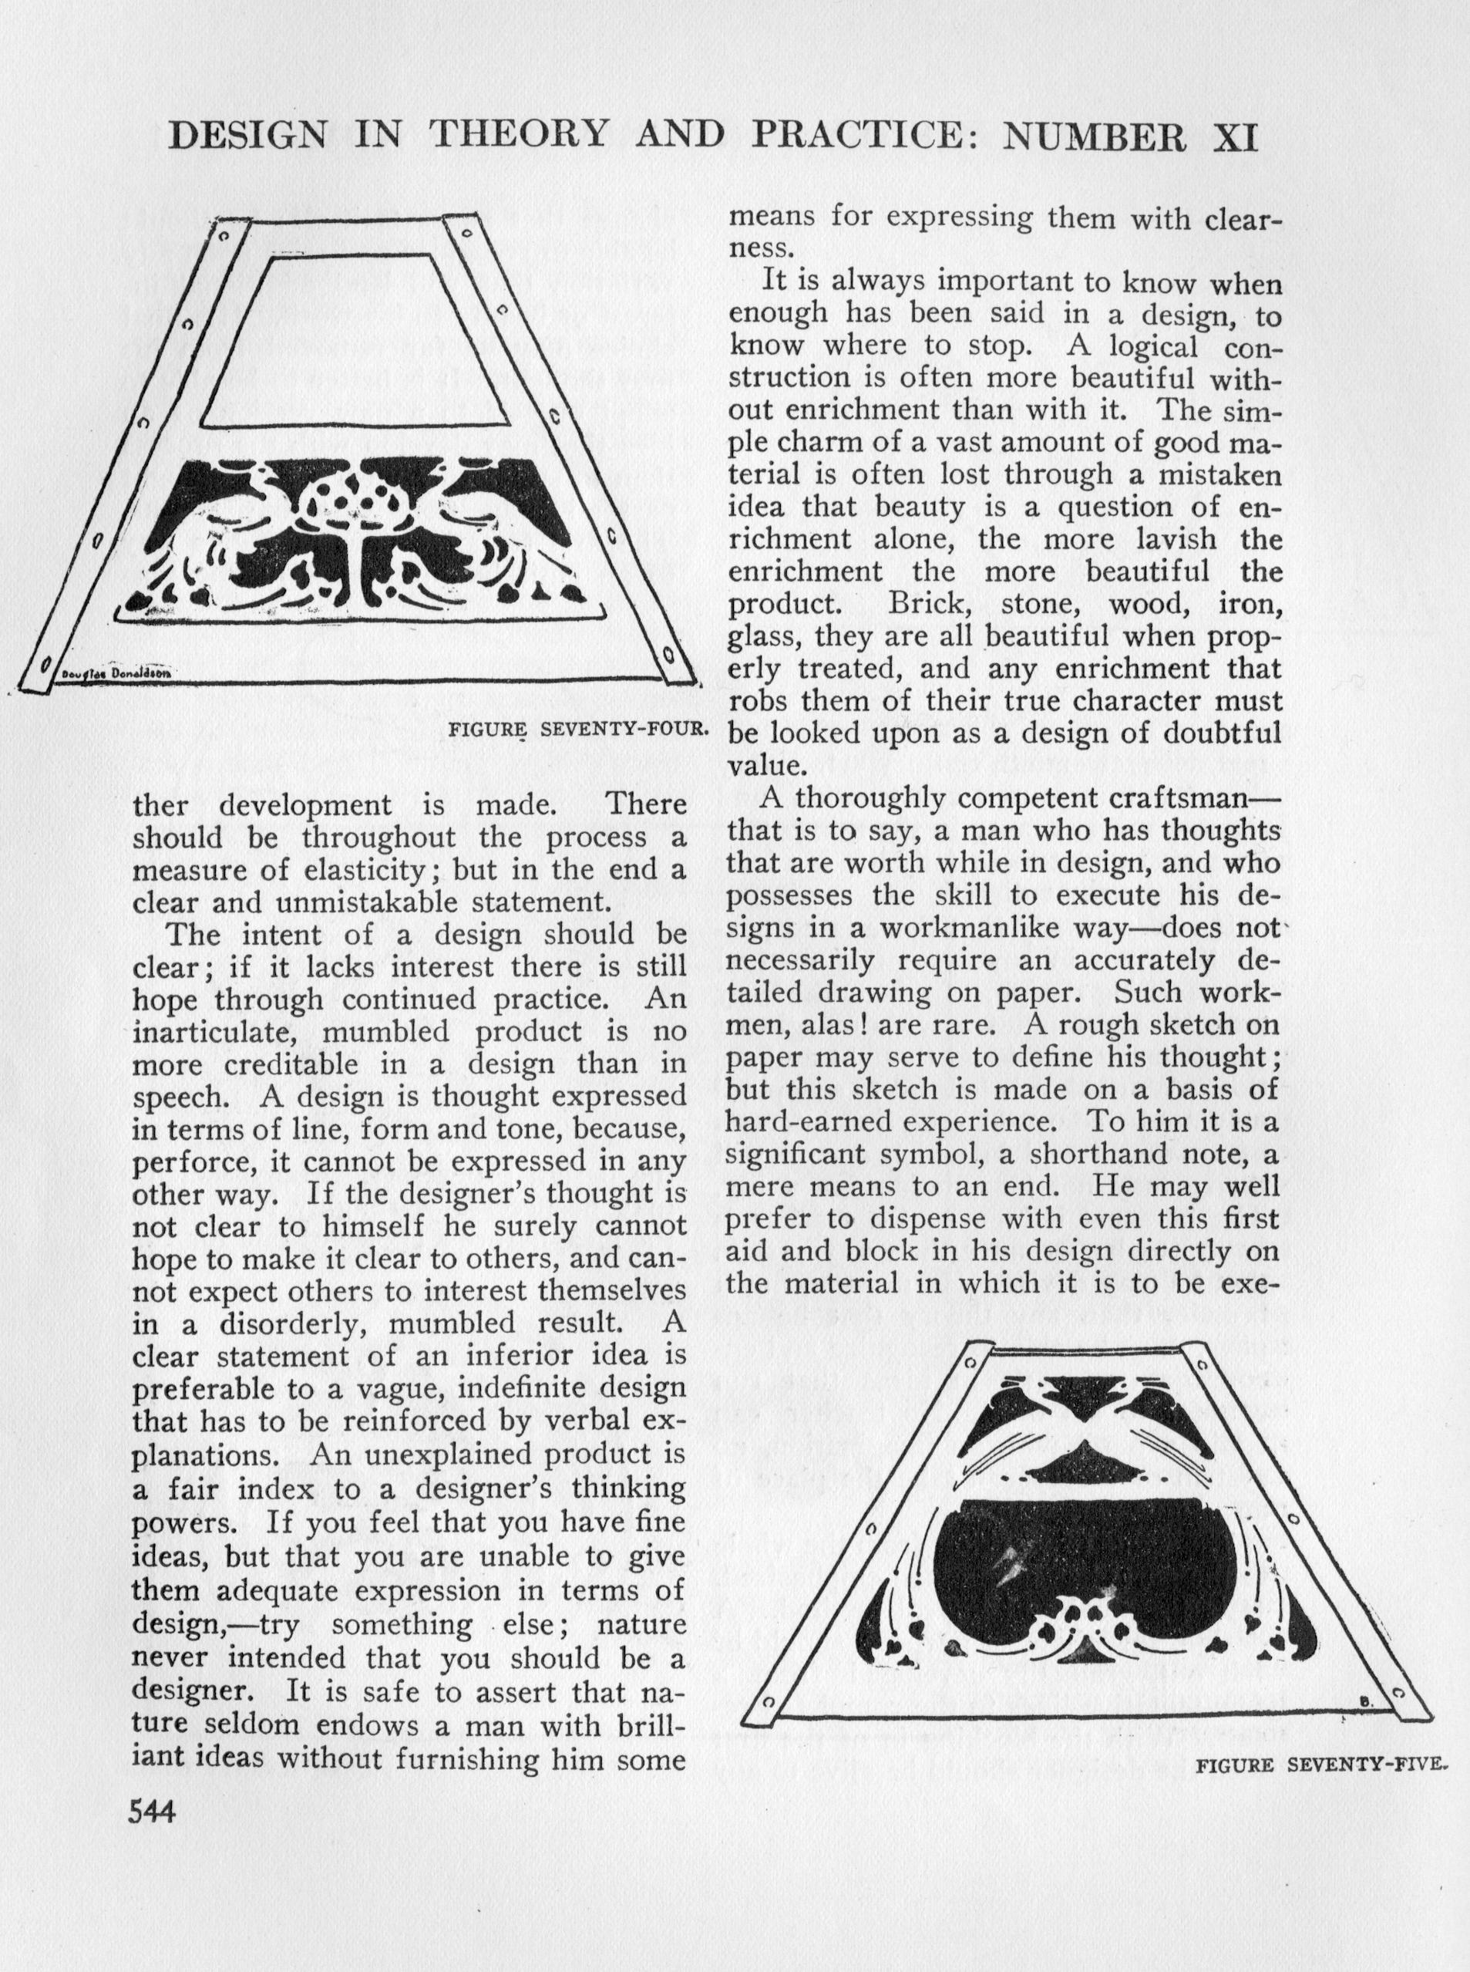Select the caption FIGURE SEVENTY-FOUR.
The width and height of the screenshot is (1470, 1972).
tap(577, 730)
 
